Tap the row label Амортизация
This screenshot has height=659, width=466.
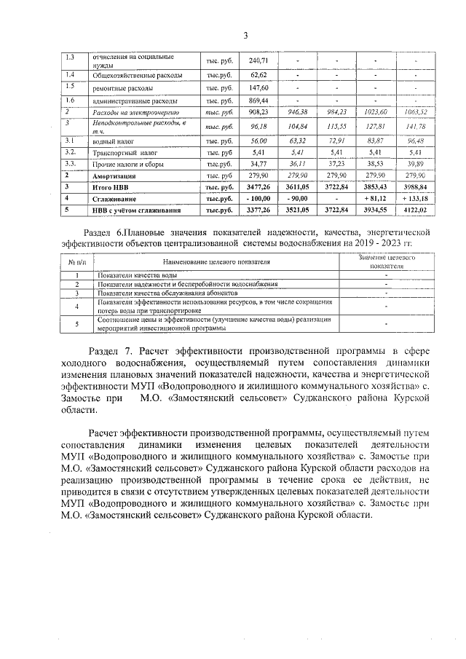115,175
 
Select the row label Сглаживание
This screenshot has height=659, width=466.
113,199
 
